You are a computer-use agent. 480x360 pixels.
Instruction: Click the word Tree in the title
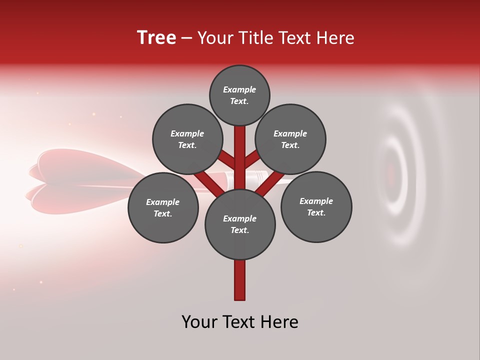[x=156, y=38]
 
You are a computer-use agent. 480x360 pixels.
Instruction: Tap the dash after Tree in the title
[x=186, y=38]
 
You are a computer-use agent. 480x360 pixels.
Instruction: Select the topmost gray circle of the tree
[x=239, y=95]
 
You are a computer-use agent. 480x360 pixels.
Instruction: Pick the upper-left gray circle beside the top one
[x=187, y=139]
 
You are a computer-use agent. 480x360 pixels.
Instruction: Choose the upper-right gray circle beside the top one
[x=290, y=139]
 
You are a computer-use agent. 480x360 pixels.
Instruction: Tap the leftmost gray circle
[x=163, y=207]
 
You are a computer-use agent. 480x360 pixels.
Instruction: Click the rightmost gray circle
[x=316, y=206]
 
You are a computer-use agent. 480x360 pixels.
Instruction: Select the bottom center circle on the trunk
[x=240, y=224]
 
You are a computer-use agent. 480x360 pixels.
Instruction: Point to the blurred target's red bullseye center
[x=391, y=174]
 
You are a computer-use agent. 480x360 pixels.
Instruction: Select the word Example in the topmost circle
[x=239, y=89]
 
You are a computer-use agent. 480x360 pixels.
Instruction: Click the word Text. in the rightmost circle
[x=316, y=212]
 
